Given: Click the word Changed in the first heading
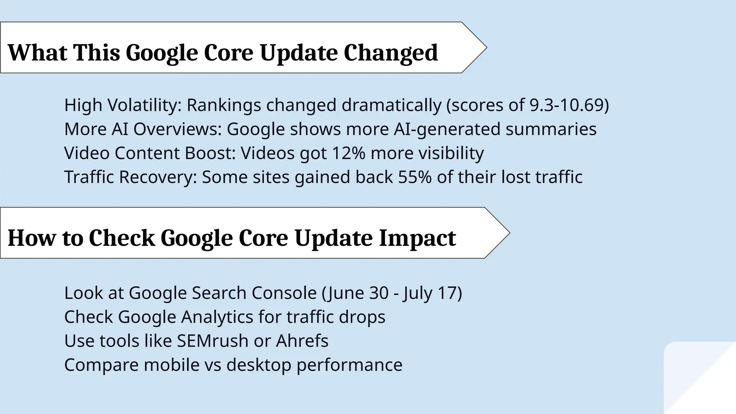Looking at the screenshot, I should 391,53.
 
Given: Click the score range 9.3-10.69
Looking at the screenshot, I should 567,105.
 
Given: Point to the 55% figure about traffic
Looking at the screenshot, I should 414,177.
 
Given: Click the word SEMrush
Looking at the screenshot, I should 212,341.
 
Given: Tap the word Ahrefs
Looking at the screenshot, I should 302,341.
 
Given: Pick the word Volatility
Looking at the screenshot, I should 145,105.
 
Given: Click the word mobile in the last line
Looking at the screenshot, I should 171,365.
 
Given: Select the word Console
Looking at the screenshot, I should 284,293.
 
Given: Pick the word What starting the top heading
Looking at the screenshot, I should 37,53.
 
